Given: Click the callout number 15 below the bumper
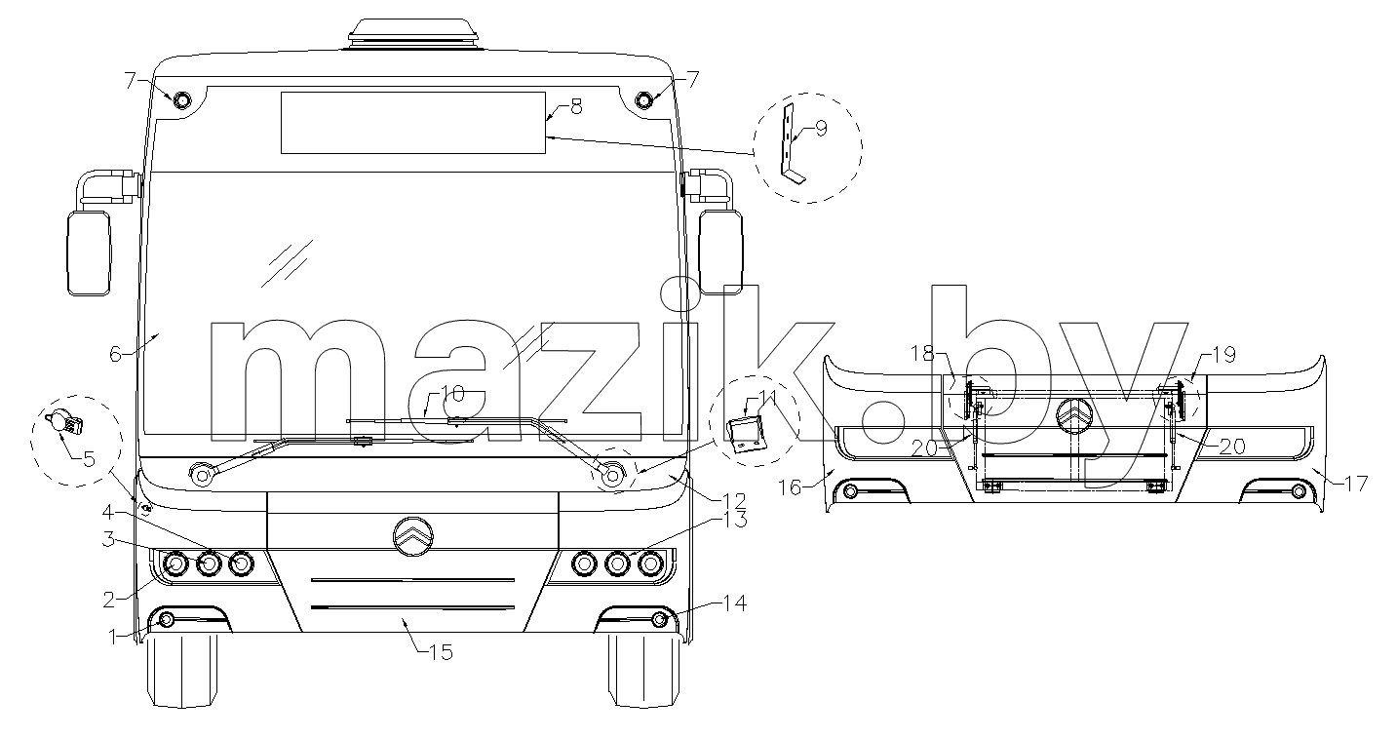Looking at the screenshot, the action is (441, 652).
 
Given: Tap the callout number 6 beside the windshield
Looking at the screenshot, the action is (115, 354).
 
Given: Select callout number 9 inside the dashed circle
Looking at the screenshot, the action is (822, 128).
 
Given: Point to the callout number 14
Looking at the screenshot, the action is (735, 603).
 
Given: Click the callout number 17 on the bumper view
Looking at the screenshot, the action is (1356, 484).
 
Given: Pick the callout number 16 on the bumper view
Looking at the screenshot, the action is (790, 487).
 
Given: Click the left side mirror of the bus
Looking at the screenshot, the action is (89, 253).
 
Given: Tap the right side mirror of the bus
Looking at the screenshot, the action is (721, 252).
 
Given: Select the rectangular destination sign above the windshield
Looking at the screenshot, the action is (413, 123).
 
